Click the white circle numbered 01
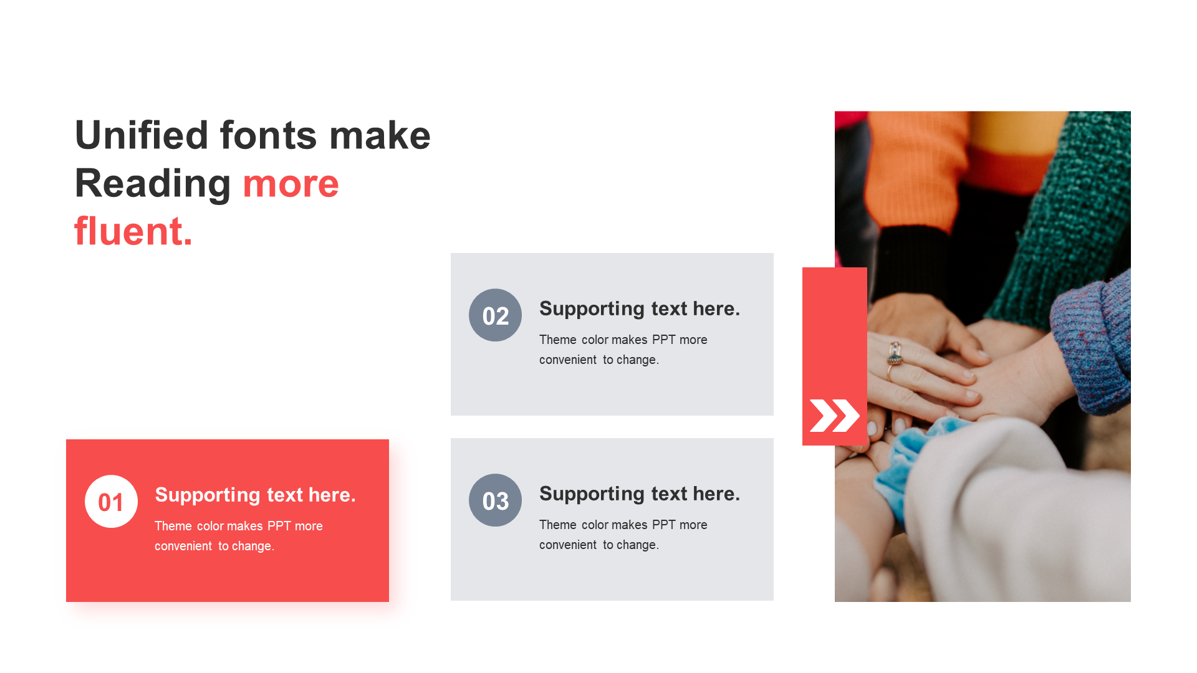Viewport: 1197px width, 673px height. click(111, 502)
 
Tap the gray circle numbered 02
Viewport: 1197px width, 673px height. click(495, 315)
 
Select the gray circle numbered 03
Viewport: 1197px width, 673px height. click(495, 500)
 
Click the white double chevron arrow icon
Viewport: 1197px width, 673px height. click(834, 416)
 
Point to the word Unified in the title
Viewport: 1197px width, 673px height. click(142, 135)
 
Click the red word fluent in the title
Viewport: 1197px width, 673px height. click(133, 231)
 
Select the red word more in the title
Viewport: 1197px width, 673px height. click(291, 184)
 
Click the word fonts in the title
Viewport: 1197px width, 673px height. click(269, 135)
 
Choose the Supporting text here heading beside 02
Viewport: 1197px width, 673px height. click(640, 308)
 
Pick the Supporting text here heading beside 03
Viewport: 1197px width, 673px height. click(640, 494)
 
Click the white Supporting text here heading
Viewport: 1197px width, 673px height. click(255, 495)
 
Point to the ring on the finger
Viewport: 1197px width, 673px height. click(895, 355)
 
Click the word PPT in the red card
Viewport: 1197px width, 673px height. click(279, 526)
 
